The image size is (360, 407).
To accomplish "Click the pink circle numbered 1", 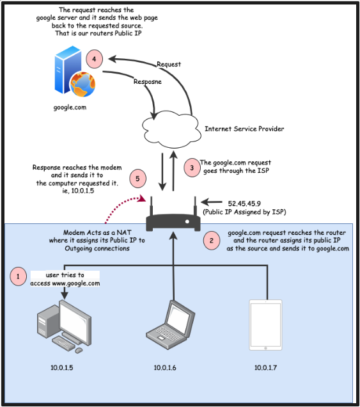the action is click(x=18, y=276).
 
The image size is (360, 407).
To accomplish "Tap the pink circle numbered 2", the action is click(x=212, y=241).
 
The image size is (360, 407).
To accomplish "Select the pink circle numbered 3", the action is click(x=192, y=168).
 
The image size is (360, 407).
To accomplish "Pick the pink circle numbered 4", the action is click(x=94, y=59).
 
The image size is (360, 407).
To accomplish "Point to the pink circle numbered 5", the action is click(x=137, y=179).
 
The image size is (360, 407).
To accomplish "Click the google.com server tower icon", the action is click(x=68, y=70).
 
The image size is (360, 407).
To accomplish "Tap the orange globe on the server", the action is click(x=82, y=84).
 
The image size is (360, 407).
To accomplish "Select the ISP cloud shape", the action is click(x=172, y=129).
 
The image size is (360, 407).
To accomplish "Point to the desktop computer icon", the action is click(x=64, y=326).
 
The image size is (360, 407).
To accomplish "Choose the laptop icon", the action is click(x=170, y=324).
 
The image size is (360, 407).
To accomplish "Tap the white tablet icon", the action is click(x=265, y=325).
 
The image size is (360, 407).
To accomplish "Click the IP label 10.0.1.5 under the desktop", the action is click(x=62, y=367).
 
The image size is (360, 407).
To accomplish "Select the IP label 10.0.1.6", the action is click(x=165, y=367).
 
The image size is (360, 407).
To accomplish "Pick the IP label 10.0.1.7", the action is click(x=265, y=367).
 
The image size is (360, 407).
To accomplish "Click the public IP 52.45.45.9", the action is click(x=244, y=203).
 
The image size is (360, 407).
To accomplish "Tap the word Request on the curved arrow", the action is click(x=169, y=64).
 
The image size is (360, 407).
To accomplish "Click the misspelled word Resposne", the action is click(x=148, y=81).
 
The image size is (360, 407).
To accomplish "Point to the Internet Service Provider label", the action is click(x=244, y=129).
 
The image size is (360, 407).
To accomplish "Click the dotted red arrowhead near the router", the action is click(x=142, y=198).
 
